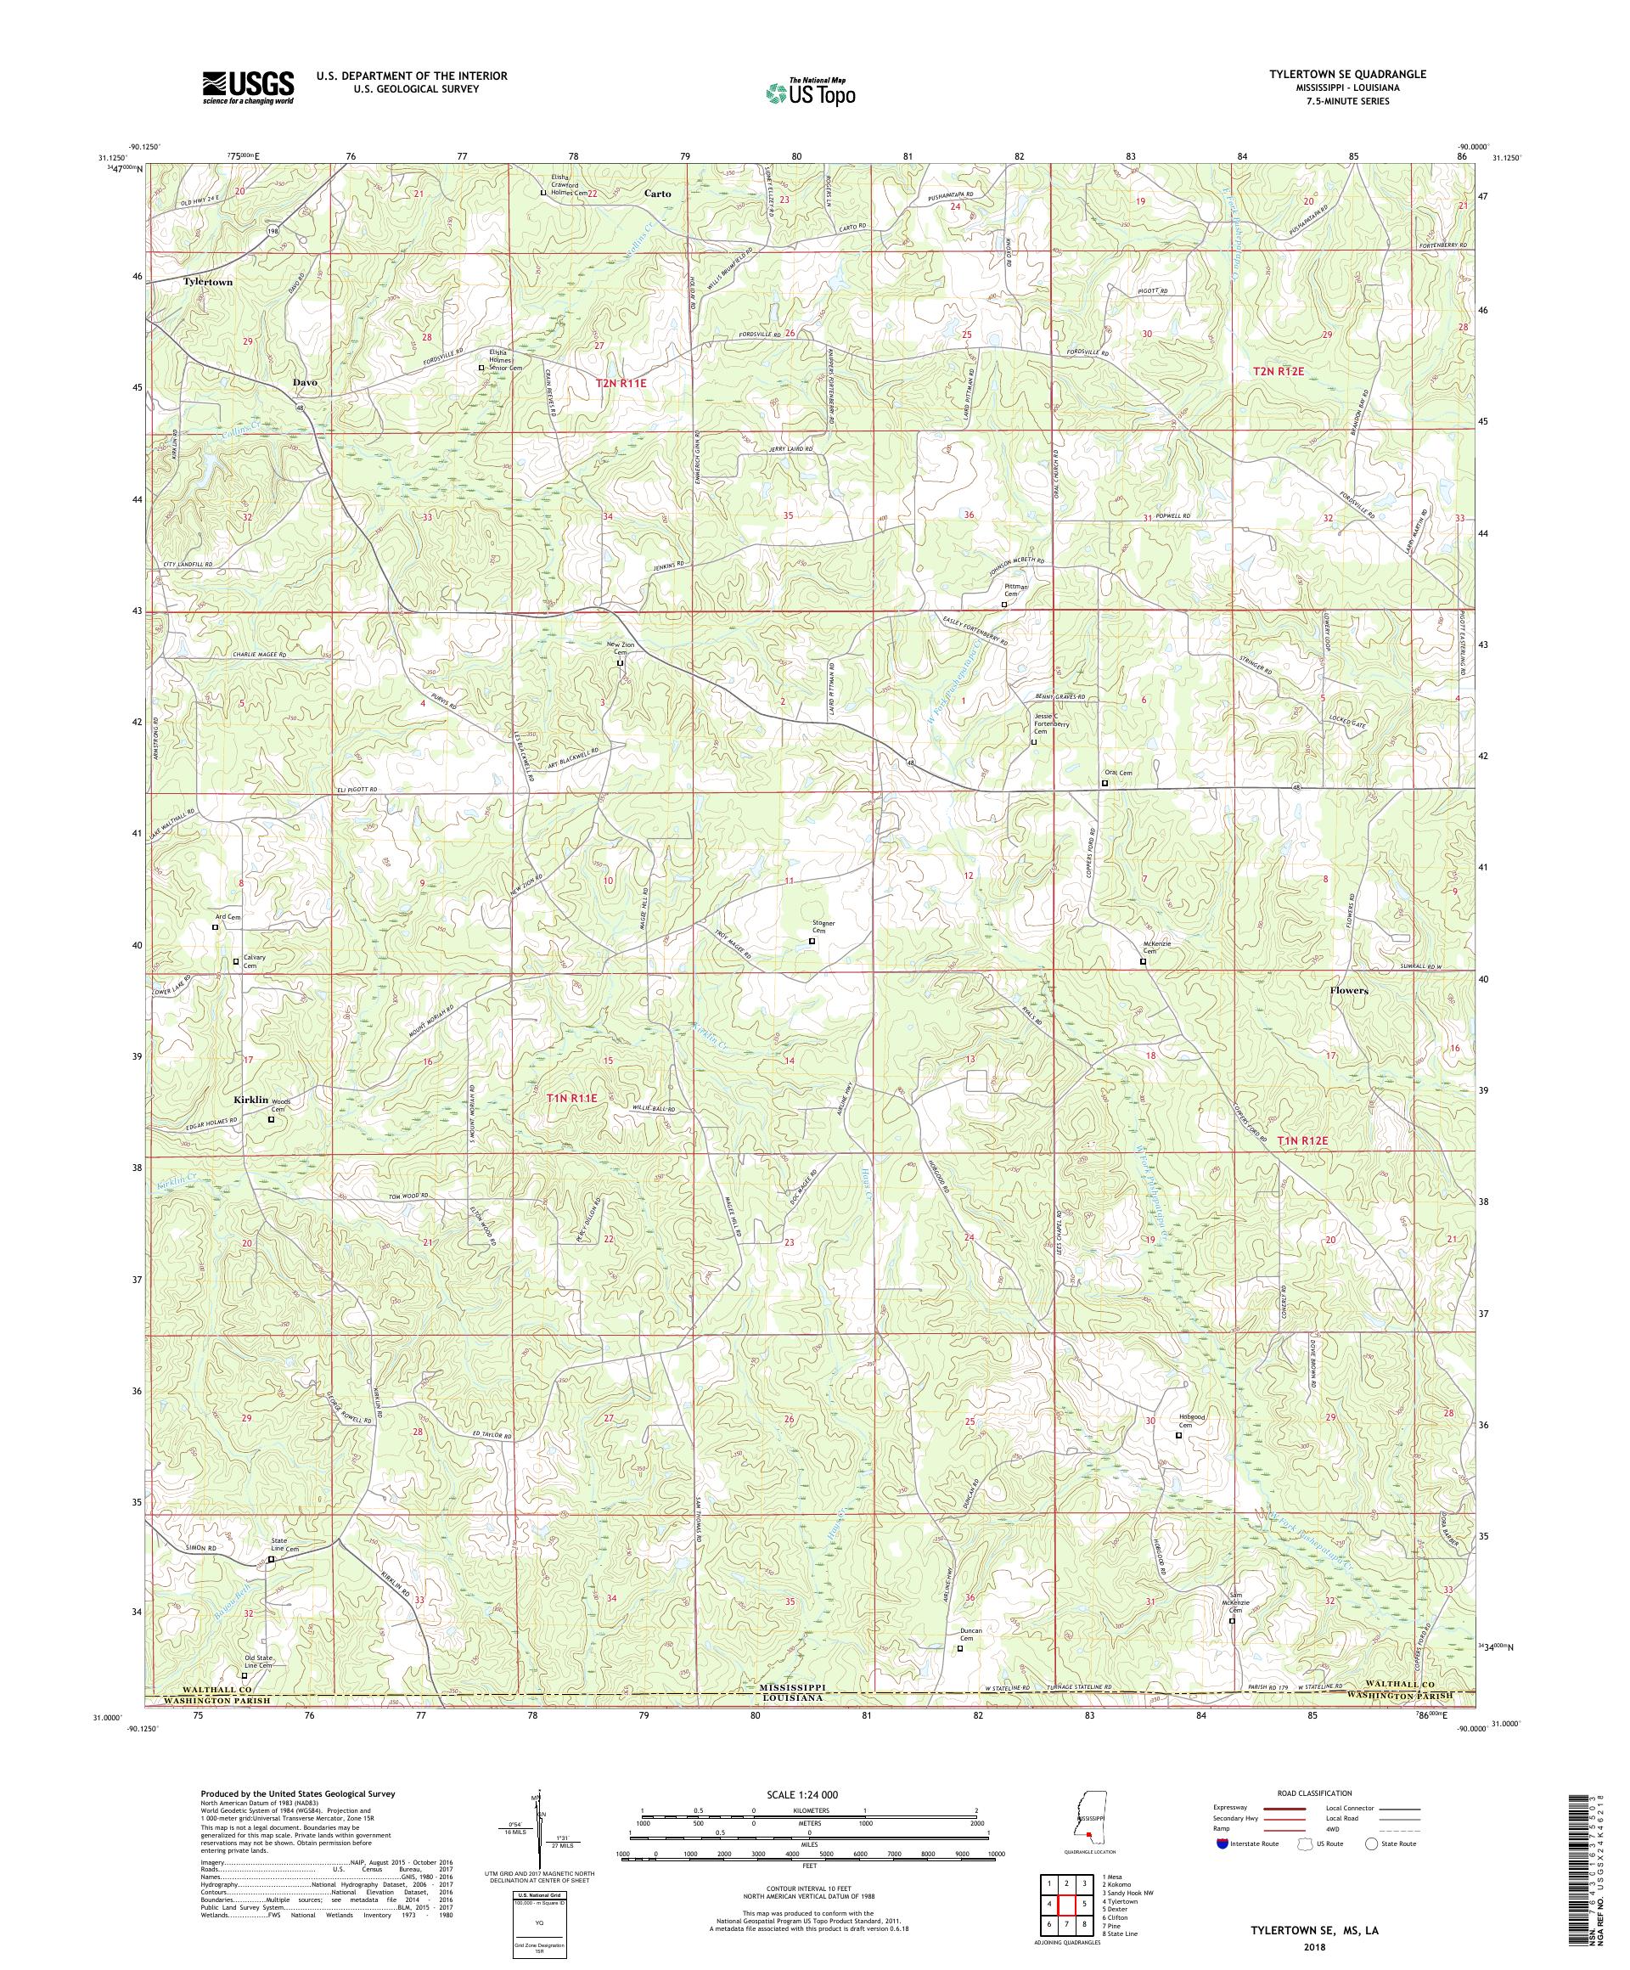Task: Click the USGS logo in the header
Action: click(248, 88)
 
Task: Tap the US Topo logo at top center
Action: click(812, 91)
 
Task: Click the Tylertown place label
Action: click(207, 281)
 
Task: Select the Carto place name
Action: click(657, 194)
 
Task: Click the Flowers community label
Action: click(1349, 990)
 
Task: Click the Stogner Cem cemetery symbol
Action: click(812, 940)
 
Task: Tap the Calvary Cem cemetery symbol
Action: click(235, 960)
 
